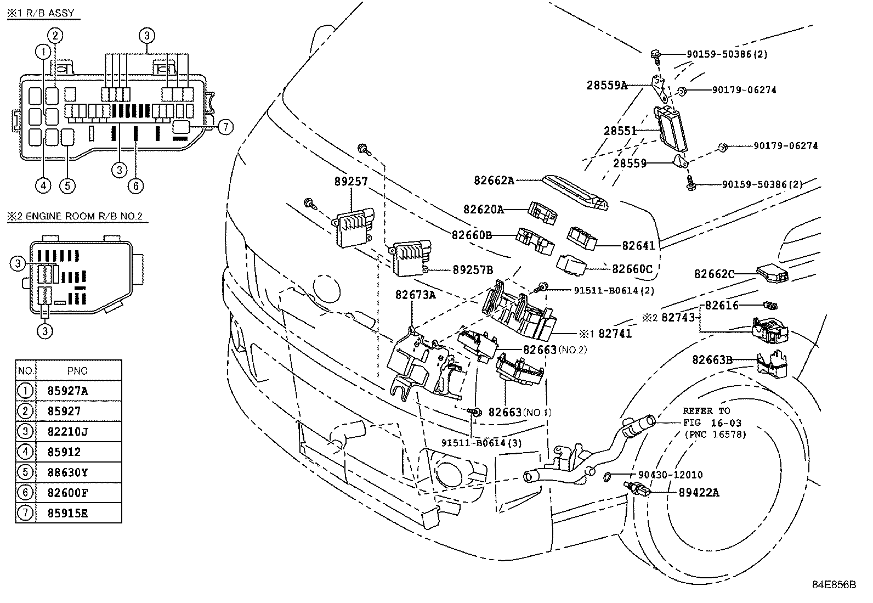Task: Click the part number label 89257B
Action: click(x=473, y=270)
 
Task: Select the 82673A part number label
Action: click(x=416, y=295)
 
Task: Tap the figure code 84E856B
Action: click(x=834, y=585)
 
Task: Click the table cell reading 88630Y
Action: click(x=68, y=472)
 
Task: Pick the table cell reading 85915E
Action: click(x=68, y=514)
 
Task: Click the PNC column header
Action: click(x=77, y=370)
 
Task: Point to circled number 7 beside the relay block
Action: click(x=225, y=127)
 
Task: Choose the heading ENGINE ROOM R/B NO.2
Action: click(x=84, y=216)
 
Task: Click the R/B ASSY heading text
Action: click(x=50, y=13)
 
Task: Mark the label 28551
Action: click(x=620, y=131)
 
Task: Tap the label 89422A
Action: click(x=699, y=493)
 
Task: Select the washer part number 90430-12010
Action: click(x=670, y=475)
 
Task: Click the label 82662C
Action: click(x=714, y=274)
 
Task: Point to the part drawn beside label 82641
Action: click(x=582, y=238)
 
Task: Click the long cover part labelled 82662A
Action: click(x=575, y=192)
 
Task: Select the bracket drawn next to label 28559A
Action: click(x=660, y=88)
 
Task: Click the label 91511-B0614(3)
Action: click(x=481, y=443)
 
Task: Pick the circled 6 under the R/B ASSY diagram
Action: click(x=135, y=185)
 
